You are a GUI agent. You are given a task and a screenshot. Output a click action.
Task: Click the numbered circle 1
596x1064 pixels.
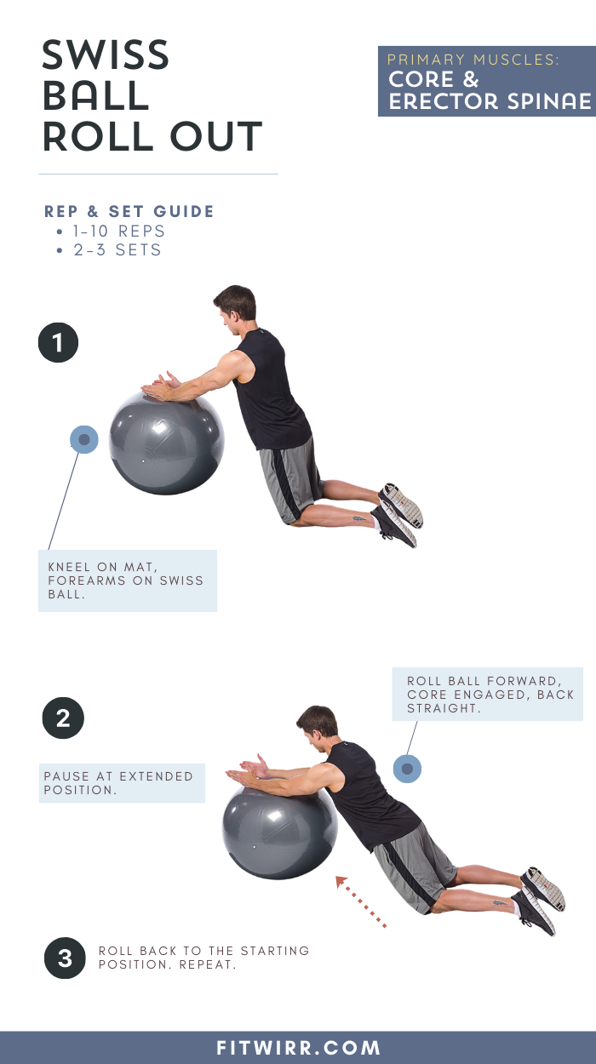[x=59, y=343]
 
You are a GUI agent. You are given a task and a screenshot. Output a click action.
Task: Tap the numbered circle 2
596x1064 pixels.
[x=63, y=718]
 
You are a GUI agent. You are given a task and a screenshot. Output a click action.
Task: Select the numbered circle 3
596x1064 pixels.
[x=65, y=958]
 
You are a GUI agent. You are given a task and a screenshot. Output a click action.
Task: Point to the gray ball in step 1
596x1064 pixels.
[x=167, y=443]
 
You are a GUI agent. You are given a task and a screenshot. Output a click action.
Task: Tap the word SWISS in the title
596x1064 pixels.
[x=106, y=57]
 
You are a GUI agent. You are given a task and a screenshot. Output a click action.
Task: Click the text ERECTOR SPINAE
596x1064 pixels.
[x=490, y=101]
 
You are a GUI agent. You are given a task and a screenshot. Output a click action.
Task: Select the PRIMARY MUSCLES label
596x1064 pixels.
[x=473, y=60]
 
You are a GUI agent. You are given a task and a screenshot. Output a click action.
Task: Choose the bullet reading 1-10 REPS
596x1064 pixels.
[x=118, y=231]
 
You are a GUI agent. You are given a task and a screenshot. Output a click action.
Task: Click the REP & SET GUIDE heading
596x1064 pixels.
[x=129, y=212]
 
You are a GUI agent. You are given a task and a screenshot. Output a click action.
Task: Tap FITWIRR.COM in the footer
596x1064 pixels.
[x=298, y=1048]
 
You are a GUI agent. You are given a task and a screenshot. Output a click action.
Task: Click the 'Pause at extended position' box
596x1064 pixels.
[x=122, y=783]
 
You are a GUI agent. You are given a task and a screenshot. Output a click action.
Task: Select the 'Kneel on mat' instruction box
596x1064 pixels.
[x=128, y=581]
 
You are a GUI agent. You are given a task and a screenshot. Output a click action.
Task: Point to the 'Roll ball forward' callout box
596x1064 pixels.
[x=487, y=694]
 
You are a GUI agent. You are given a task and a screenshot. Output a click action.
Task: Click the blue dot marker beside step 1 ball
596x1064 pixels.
[x=83, y=440]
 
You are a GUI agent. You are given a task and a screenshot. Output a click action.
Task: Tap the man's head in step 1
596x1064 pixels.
[x=233, y=306]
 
